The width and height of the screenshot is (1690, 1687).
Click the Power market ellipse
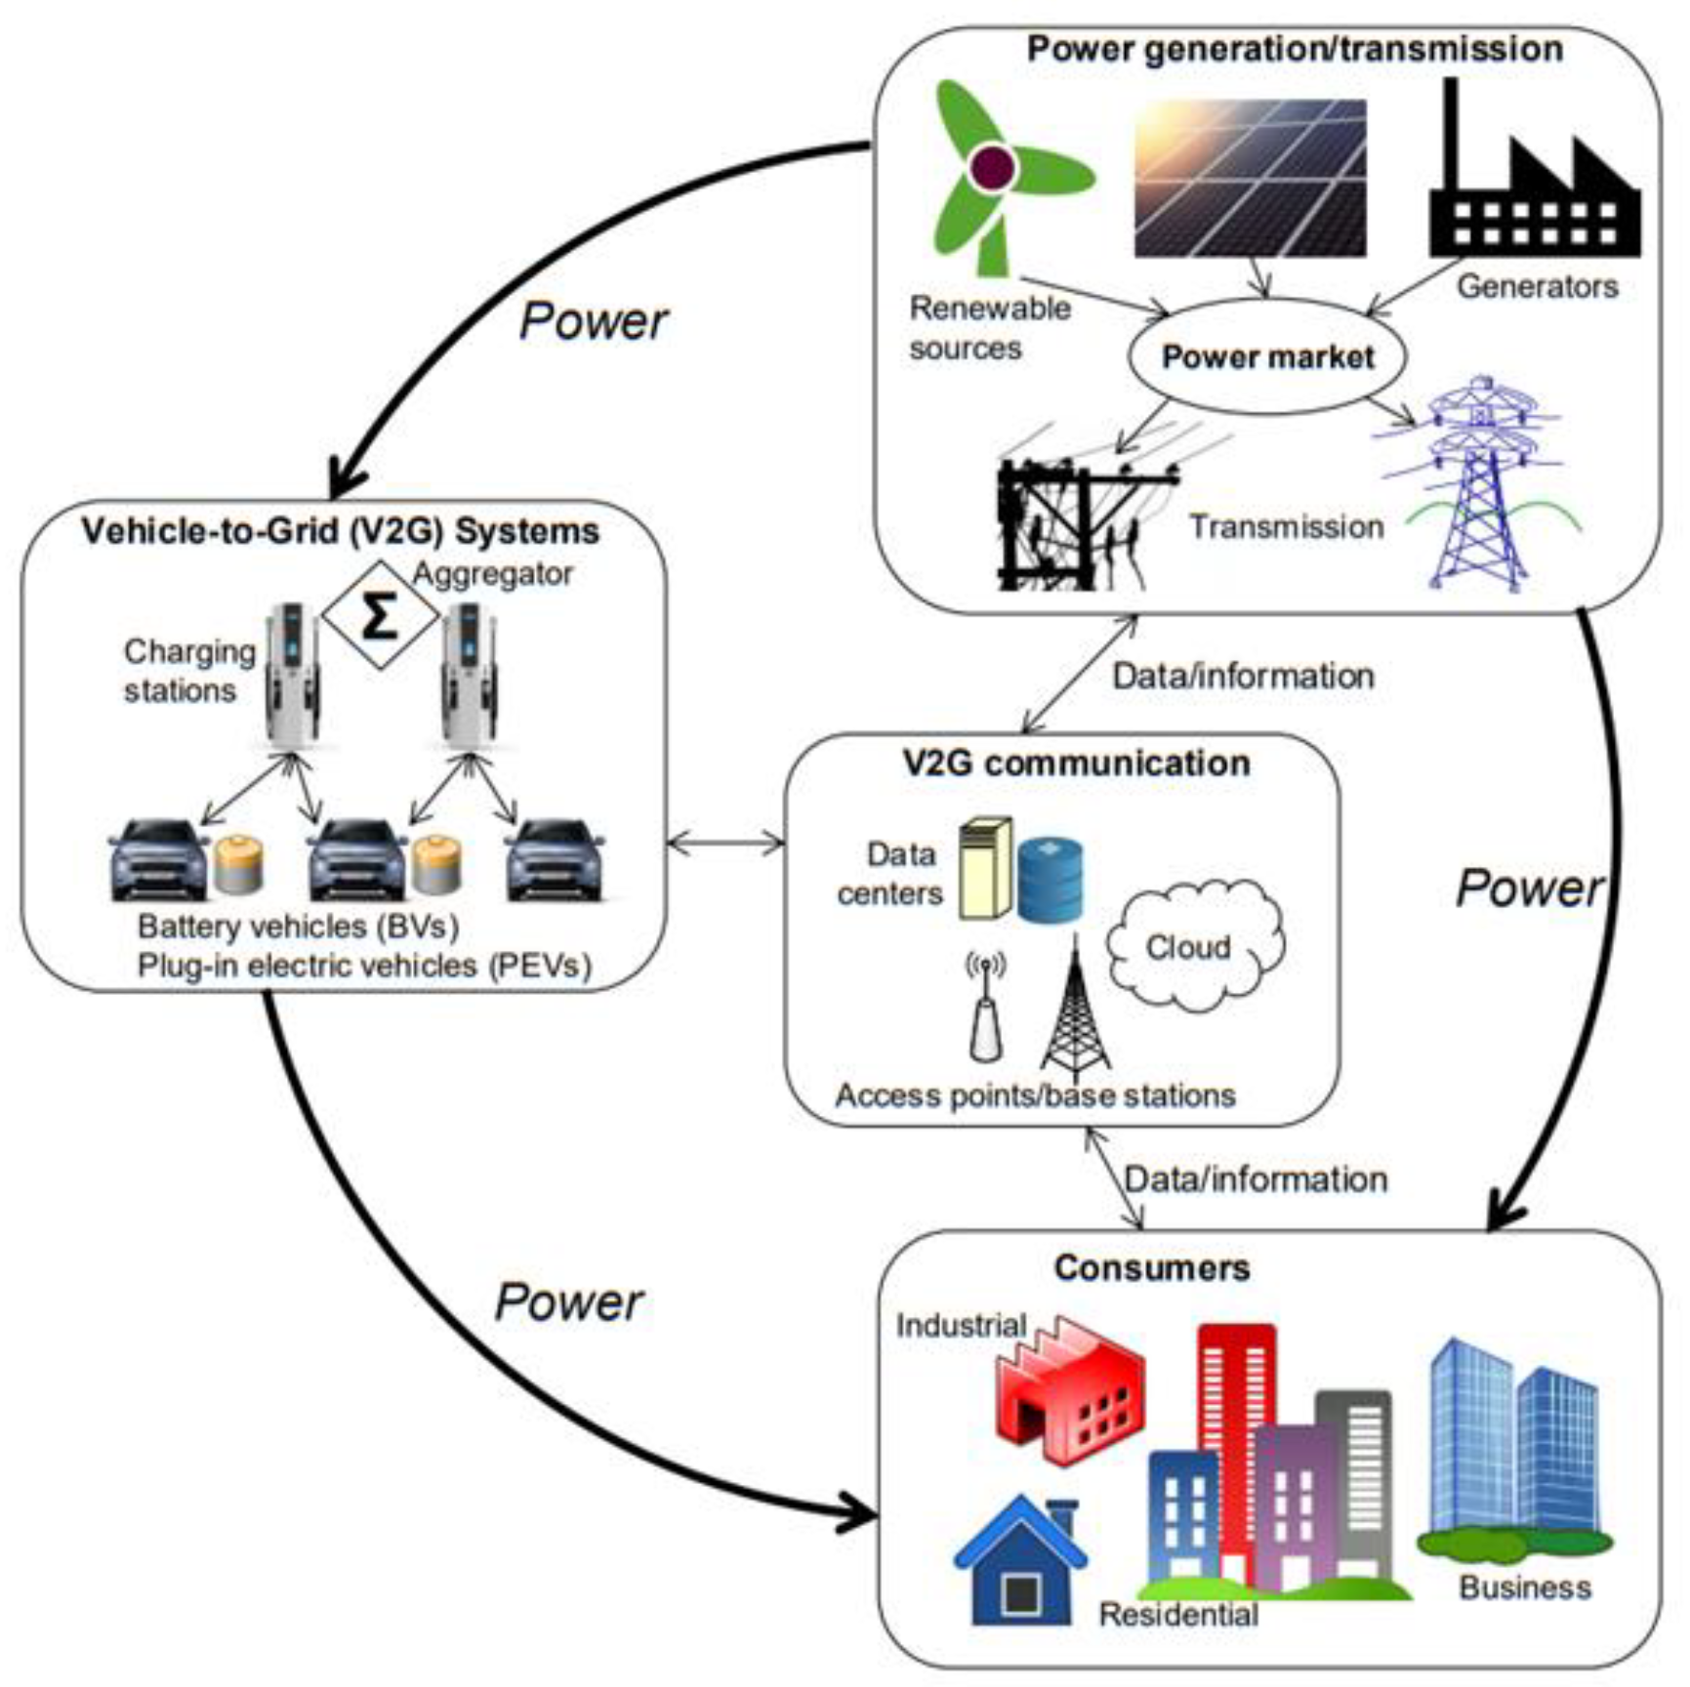tap(1266, 357)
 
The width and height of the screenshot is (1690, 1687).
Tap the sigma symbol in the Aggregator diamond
tap(379, 616)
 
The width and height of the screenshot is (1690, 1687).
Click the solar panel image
tap(1250, 179)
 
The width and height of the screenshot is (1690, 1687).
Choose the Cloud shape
tap(1193, 945)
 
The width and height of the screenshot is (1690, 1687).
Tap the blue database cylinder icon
tap(1050, 879)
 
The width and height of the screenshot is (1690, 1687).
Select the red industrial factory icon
tap(1070, 1391)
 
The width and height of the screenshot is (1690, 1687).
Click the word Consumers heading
tap(1151, 1268)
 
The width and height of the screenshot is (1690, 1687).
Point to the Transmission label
tap(1286, 527)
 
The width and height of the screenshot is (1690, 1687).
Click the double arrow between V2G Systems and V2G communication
tap(725, 842)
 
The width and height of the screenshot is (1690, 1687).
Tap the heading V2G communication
tap(1076, 763)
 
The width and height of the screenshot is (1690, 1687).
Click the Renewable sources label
tap(989, 328)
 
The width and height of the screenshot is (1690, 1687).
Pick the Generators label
tap(1537, 287)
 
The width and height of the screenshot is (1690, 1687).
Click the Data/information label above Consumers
tap(1256, 1179)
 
